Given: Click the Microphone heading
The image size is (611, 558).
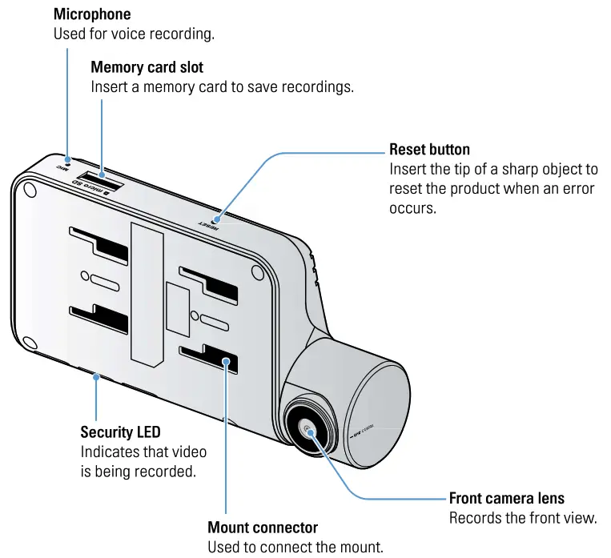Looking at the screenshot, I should [x=91, y=14].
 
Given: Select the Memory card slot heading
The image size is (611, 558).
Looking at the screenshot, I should [x=147, y=67].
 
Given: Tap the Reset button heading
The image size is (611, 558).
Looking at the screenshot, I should [x=429, y=150].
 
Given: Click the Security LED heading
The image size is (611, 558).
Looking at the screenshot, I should [x=120, y=432].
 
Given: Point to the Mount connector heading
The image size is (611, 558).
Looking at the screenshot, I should [x=263, y=528].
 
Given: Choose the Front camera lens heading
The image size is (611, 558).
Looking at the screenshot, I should [x=506, y=498].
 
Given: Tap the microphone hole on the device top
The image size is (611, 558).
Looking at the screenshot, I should [x=69, y=159].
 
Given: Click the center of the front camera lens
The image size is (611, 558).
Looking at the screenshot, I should [x=309, y=429].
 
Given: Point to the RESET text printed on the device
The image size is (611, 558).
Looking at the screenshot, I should [x=209, y=223].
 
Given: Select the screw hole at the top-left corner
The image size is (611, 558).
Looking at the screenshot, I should [x=30, y=190].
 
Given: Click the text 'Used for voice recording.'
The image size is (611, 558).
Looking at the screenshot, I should [x=134, y=34].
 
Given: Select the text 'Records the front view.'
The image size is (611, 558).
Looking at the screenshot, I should [x=523, y=518].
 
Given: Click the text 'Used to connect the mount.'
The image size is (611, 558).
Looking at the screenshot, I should [x=295, y=548].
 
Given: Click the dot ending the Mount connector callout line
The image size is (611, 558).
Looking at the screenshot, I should [x=227, y=363].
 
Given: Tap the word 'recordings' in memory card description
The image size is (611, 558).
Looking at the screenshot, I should [x=316, y=87].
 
